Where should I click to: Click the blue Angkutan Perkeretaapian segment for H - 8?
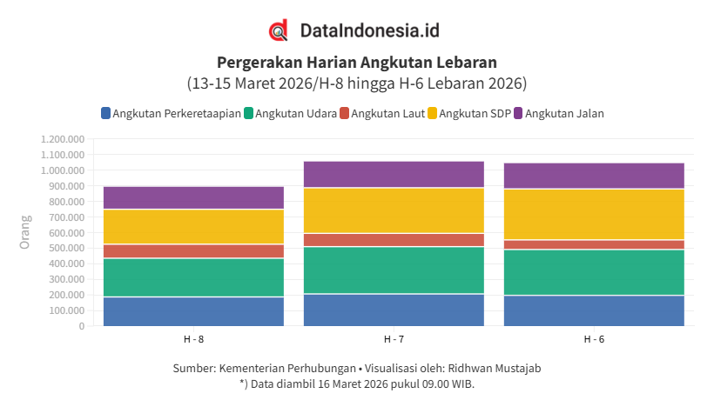coord(193,311)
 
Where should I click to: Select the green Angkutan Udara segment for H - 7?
coord(394,270)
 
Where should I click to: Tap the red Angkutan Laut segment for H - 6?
coord(594,244)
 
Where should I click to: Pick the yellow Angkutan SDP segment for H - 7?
coord(394,210)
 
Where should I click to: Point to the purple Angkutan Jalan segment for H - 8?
coord(193,197)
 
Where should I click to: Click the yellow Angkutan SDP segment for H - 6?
coord(594,214)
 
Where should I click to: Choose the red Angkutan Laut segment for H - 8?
coord(193,251)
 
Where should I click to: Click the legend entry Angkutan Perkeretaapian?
coord(171,113)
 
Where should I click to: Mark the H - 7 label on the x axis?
coord(394,338)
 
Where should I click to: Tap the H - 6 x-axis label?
coord(594,338)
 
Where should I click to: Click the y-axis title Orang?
coord(25,232)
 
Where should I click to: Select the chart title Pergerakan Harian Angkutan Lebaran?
coord(357,63)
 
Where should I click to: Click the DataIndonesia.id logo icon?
coord(279,30)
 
